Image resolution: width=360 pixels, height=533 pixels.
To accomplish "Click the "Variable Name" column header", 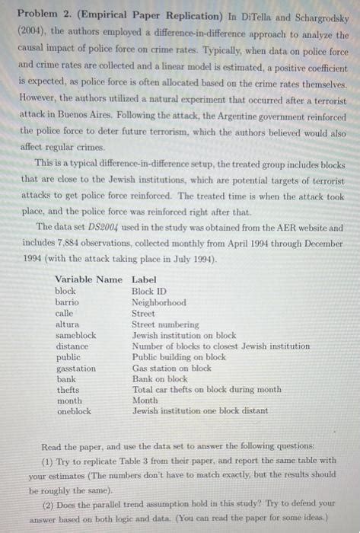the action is pyautogui.click(x=88, y=279).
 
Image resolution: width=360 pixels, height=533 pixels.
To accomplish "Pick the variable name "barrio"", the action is pyautogui.click(x=67, y=302).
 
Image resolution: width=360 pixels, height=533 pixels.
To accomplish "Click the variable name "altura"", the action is pyautogui.click(x=67, y=324).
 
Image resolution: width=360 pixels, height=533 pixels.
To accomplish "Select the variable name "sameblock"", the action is pyautogui.click(x=76, y=335).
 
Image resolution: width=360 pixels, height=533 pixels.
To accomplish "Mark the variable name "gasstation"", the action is pyautogui.click(x=76, y=368).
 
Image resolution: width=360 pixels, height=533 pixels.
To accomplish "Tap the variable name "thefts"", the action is pyautogui.click(x=68, y=390).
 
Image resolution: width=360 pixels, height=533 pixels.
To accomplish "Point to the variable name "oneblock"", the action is pyautogui.click(x=74, y=411).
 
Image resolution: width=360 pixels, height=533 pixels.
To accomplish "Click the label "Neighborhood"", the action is pyautogui.click(x=158, y=302).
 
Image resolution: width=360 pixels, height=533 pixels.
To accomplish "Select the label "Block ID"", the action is pyautogui.click(x=148, y=291).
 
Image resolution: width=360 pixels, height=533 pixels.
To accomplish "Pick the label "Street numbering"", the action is pyautogui.click(x=165, y=324).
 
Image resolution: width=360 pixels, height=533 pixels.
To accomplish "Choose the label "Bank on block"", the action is pyautogui.click(x=160, y=378).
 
